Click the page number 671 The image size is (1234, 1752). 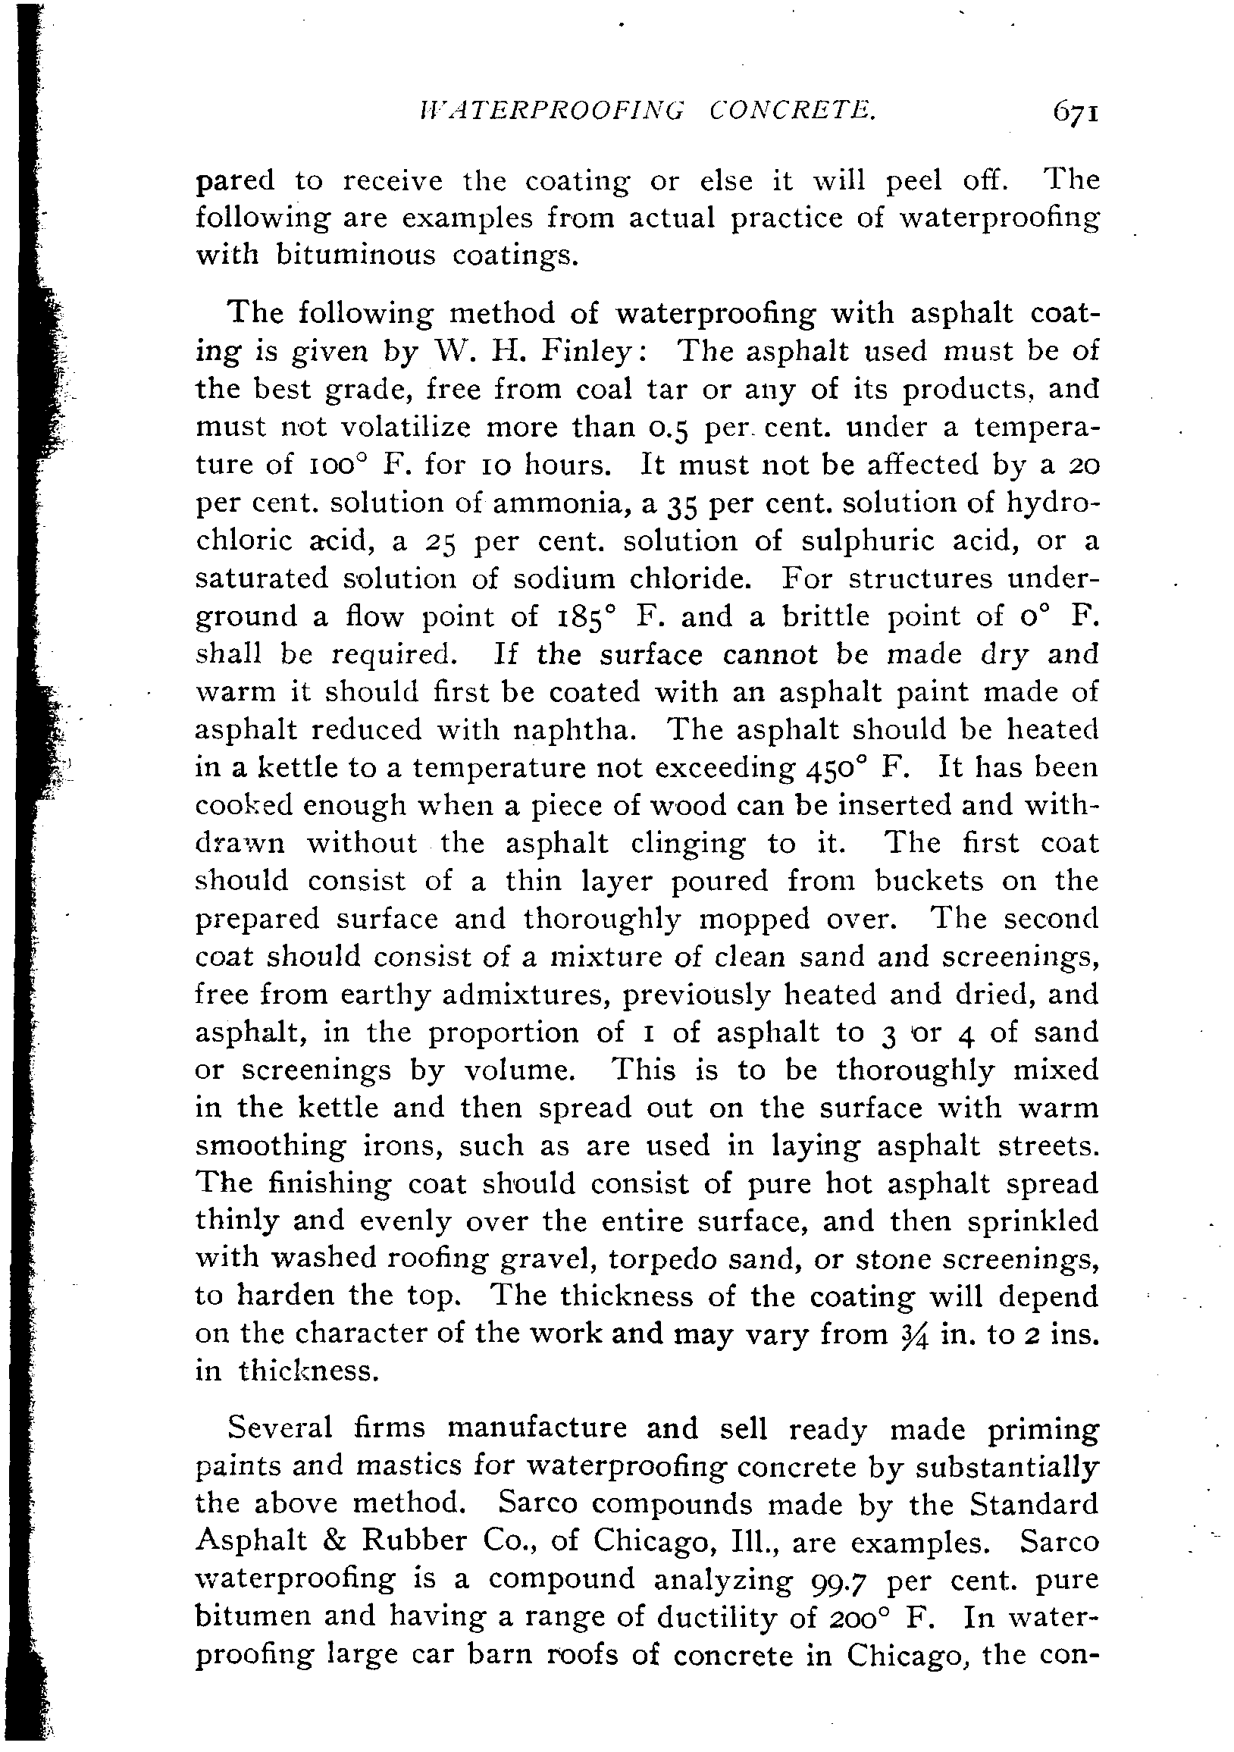click(x=1076, y=112)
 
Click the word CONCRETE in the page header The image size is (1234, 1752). click(x=793, y=112)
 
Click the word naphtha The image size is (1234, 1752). click(x=575, y=730)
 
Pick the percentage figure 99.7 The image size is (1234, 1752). click(x=838, y=1581)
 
